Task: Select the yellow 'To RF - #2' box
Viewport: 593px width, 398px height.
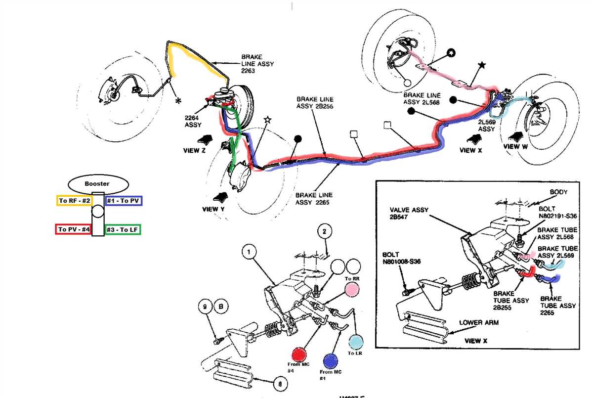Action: click(x=73, y=201)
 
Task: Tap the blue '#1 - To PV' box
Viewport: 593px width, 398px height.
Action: click(x=124, y=201)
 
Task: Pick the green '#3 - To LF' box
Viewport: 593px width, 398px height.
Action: click(x=123, y=229)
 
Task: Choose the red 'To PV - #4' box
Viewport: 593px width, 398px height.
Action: click(x=73, y=229)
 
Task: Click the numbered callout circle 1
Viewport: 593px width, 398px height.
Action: click(x=250, y=252)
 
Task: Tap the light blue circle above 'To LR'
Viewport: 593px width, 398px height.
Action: click(x=355, y=342)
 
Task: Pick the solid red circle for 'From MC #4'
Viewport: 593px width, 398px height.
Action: click(x=299, y=355)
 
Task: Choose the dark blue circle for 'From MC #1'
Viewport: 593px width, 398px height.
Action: click(x=330, y=360)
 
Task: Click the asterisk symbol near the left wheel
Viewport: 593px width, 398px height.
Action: click(x=177, y=101)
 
